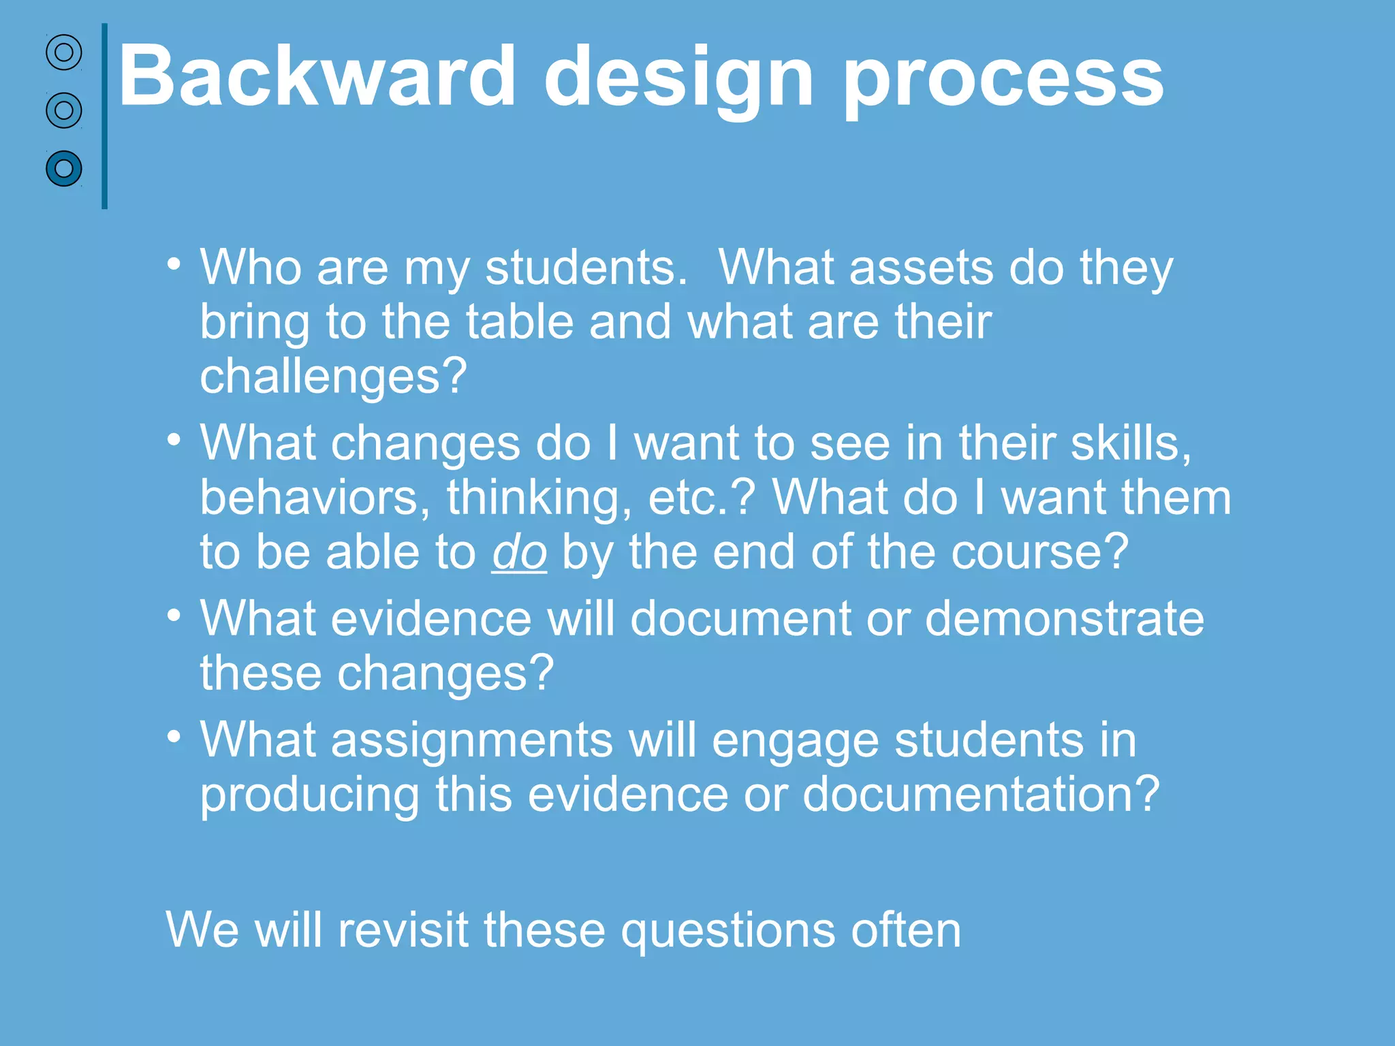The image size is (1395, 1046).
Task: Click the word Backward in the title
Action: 317,76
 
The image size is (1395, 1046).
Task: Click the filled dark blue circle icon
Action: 64,168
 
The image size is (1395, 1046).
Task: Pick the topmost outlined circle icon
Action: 64,52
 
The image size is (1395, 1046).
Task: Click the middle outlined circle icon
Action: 64,110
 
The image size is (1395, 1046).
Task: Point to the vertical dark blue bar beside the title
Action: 104,116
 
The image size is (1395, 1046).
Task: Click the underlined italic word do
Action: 519,552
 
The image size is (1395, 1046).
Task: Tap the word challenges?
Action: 333,376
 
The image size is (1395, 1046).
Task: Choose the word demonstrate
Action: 1064,619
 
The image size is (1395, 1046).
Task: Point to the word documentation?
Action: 981,794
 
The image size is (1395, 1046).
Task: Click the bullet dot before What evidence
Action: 174,616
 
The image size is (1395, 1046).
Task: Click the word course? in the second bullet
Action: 1039,552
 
